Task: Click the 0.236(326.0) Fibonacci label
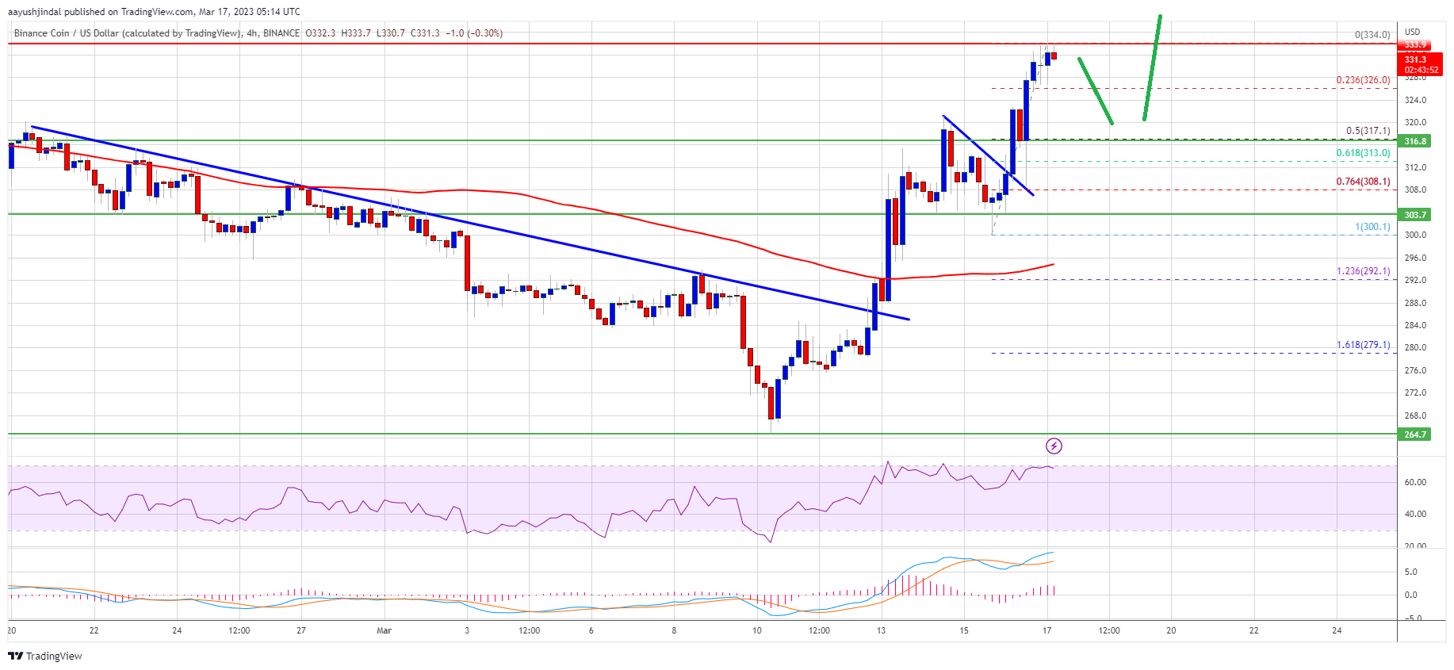[1363, 80]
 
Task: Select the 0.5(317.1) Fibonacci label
[1368, 131]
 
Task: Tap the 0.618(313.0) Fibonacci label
[1363, 153]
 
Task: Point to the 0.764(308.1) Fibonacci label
[1363, 182]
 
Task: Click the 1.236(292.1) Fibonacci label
[1363, 271]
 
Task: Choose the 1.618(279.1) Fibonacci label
[1363, 345]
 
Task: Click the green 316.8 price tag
[1415, 141]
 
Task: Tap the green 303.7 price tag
[1415, 215]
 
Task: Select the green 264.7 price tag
[1415, 435]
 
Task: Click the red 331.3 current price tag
[1415, 60]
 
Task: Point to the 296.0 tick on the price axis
[1415, 258]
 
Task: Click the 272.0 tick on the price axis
[1415, 392]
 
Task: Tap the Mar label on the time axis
[384, 631]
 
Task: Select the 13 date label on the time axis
[881, 631]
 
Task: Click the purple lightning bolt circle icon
[1054, 446]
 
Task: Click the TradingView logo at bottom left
[45, 656]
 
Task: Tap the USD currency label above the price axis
[1412, 33]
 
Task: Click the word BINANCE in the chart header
[281, 33]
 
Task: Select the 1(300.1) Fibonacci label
[1372, 227]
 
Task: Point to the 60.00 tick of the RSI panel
[1415, 482]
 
